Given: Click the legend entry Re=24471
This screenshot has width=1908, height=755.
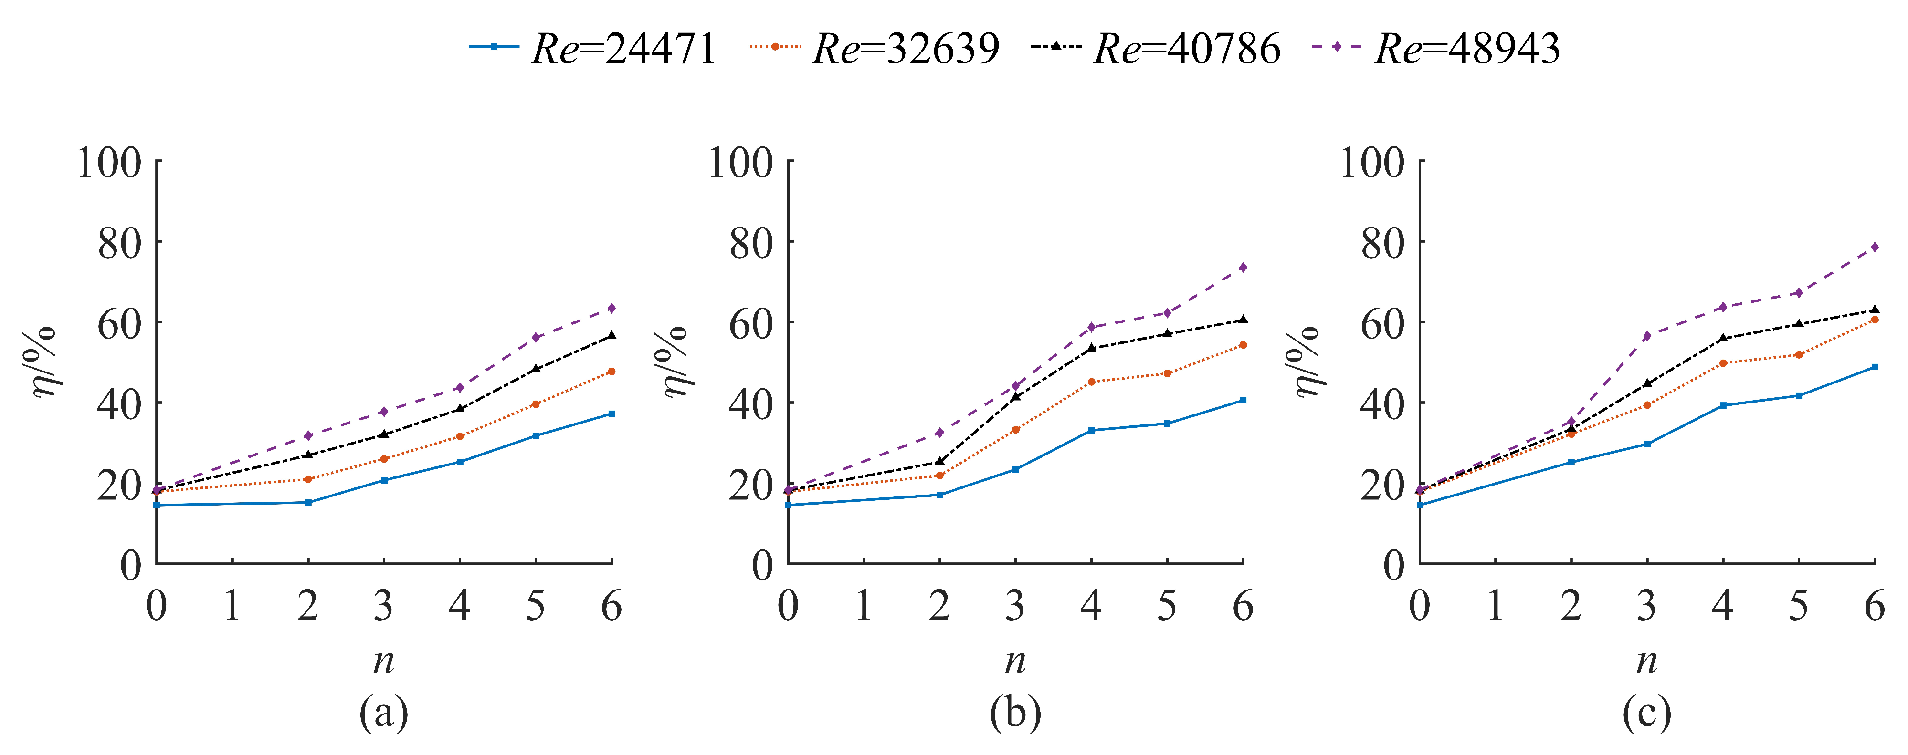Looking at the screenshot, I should tap(592, 49).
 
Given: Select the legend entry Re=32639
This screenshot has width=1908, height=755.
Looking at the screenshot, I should tap(874, 49).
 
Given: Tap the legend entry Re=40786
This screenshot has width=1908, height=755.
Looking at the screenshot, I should tap(1156, 49).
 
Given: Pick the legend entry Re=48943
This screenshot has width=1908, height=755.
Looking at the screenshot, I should tap(1437, 49).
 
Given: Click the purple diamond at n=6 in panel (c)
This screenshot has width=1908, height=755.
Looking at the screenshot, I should tap(1875, 247).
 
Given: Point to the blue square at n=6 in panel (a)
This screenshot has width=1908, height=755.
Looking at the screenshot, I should tap(611, 414).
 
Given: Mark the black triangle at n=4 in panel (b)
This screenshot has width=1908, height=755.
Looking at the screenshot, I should tap(1091, 347).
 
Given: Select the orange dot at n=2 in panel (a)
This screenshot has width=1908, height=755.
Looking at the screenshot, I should tap(308, 479).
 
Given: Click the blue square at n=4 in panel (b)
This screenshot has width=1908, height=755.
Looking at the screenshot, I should tap(1091, 430).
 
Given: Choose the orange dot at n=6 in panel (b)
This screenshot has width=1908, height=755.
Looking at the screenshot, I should tap(1243, 345).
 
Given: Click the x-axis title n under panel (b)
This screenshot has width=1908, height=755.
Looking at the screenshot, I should tap(1015, 660).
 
